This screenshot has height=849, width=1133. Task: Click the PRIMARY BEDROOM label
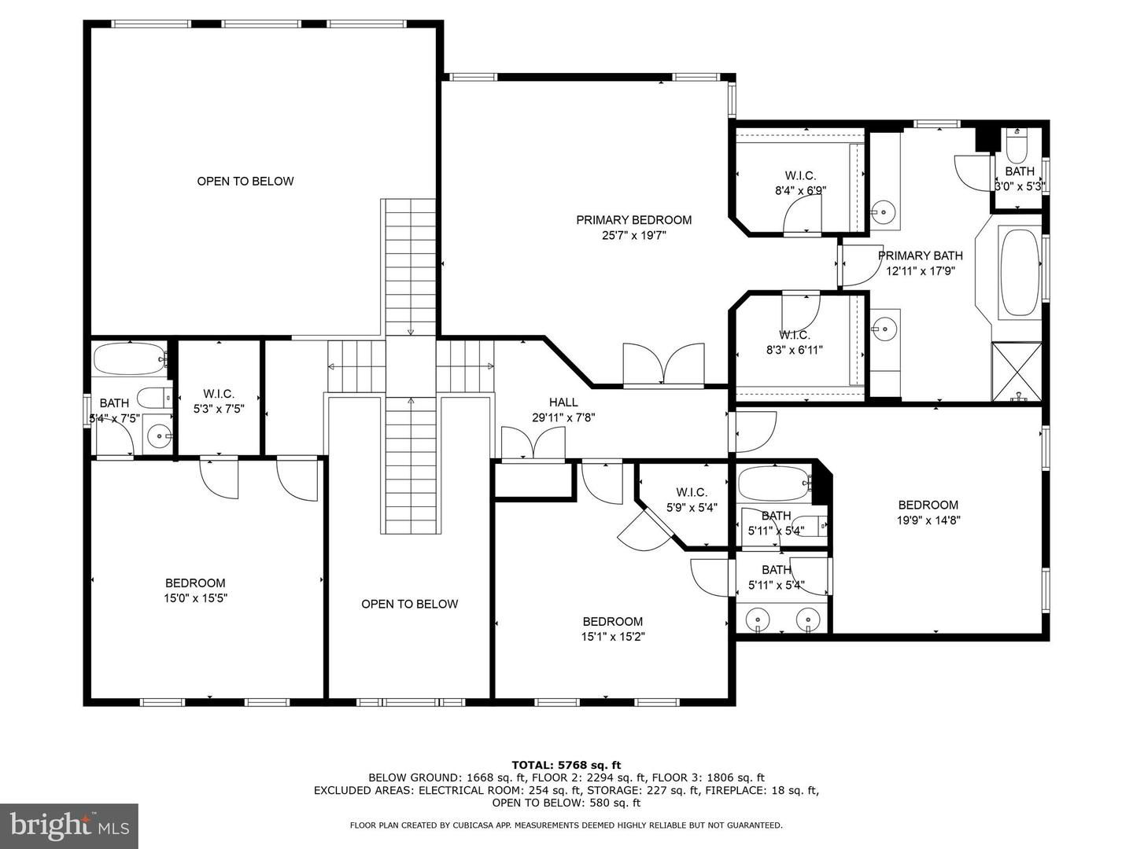click(x=633, y=220)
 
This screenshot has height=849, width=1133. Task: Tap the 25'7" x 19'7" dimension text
click(x=633, y=236)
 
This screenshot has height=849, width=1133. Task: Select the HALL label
click(x=563, y=402)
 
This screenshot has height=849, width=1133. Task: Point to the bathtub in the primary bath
click(x=1020, y=274)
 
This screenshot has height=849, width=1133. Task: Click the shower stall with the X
click(x=1017, y=371)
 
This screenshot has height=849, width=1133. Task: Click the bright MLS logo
click(x=69, y=827)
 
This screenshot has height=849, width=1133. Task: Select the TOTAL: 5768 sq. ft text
click(x=566, y=765)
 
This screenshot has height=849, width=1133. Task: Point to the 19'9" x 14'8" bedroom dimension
click(x=928, y=520)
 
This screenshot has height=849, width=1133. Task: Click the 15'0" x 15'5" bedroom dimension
click(x=195, y=598)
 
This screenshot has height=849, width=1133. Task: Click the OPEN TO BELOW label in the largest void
click(x=245, y=181)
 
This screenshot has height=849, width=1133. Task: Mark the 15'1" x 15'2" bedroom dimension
click(x=613, y=637)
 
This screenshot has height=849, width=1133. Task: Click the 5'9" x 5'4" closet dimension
click(x=692, y=508)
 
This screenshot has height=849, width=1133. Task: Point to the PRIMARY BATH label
click(x=921, y=255)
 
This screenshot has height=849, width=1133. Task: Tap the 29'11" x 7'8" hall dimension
click(x=563, y=417)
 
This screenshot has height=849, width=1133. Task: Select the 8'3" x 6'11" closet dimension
click(x=795, y=350)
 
